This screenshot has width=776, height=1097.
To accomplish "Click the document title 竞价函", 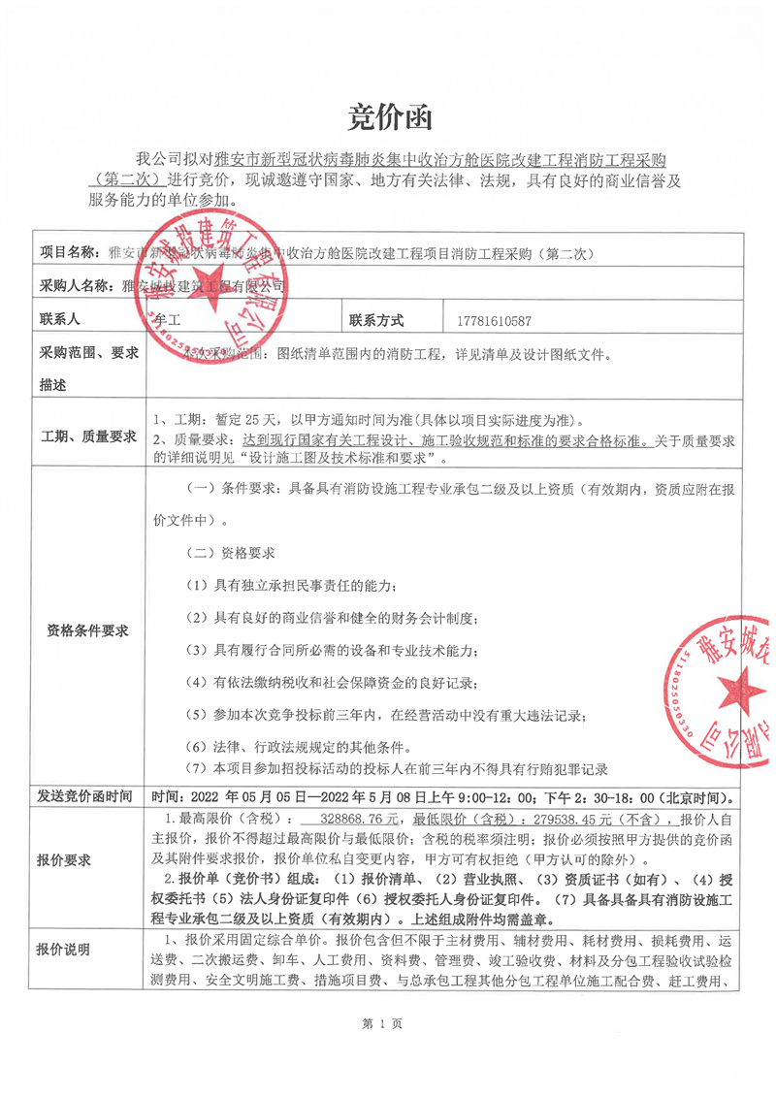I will (387, 118).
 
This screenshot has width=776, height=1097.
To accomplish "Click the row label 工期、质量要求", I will (86, 436).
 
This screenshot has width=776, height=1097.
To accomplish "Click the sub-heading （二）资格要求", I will (230, 553).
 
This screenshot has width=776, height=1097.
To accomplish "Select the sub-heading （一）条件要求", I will (230, 491).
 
